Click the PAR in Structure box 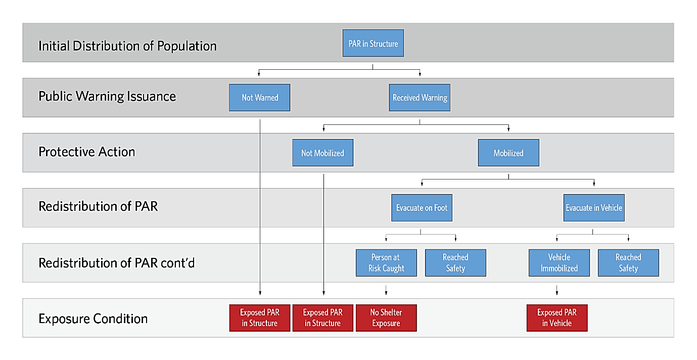coord(373,43)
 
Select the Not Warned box coord(259,98)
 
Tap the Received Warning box coord(420,98)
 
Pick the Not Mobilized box coord(322,153)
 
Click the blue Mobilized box coord(508,153)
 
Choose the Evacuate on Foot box coord(422,208)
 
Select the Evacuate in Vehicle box coord(594,208)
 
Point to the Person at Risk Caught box coord(386,262)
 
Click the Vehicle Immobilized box coord(559,262)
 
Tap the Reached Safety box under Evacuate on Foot coord(455,262)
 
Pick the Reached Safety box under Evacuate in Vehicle coord(628,262)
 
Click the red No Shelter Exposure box coord(386,318)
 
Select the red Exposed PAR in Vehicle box coord(557,318)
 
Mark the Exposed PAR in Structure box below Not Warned coord(259,318)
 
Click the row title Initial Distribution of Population coord(127,46)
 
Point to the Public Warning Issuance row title coord(107,96)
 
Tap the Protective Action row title coord(86,152)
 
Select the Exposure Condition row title coord(92,319)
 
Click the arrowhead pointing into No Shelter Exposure coord(386,293)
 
